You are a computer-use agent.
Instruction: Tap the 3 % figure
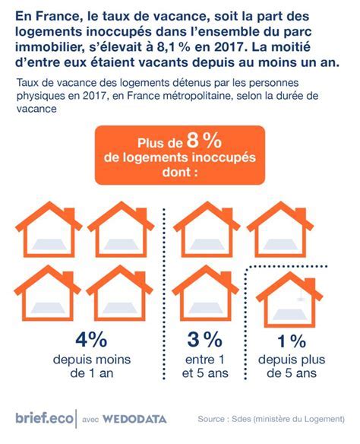[x=200, y=339]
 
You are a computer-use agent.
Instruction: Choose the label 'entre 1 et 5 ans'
[x=200, y=366]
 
